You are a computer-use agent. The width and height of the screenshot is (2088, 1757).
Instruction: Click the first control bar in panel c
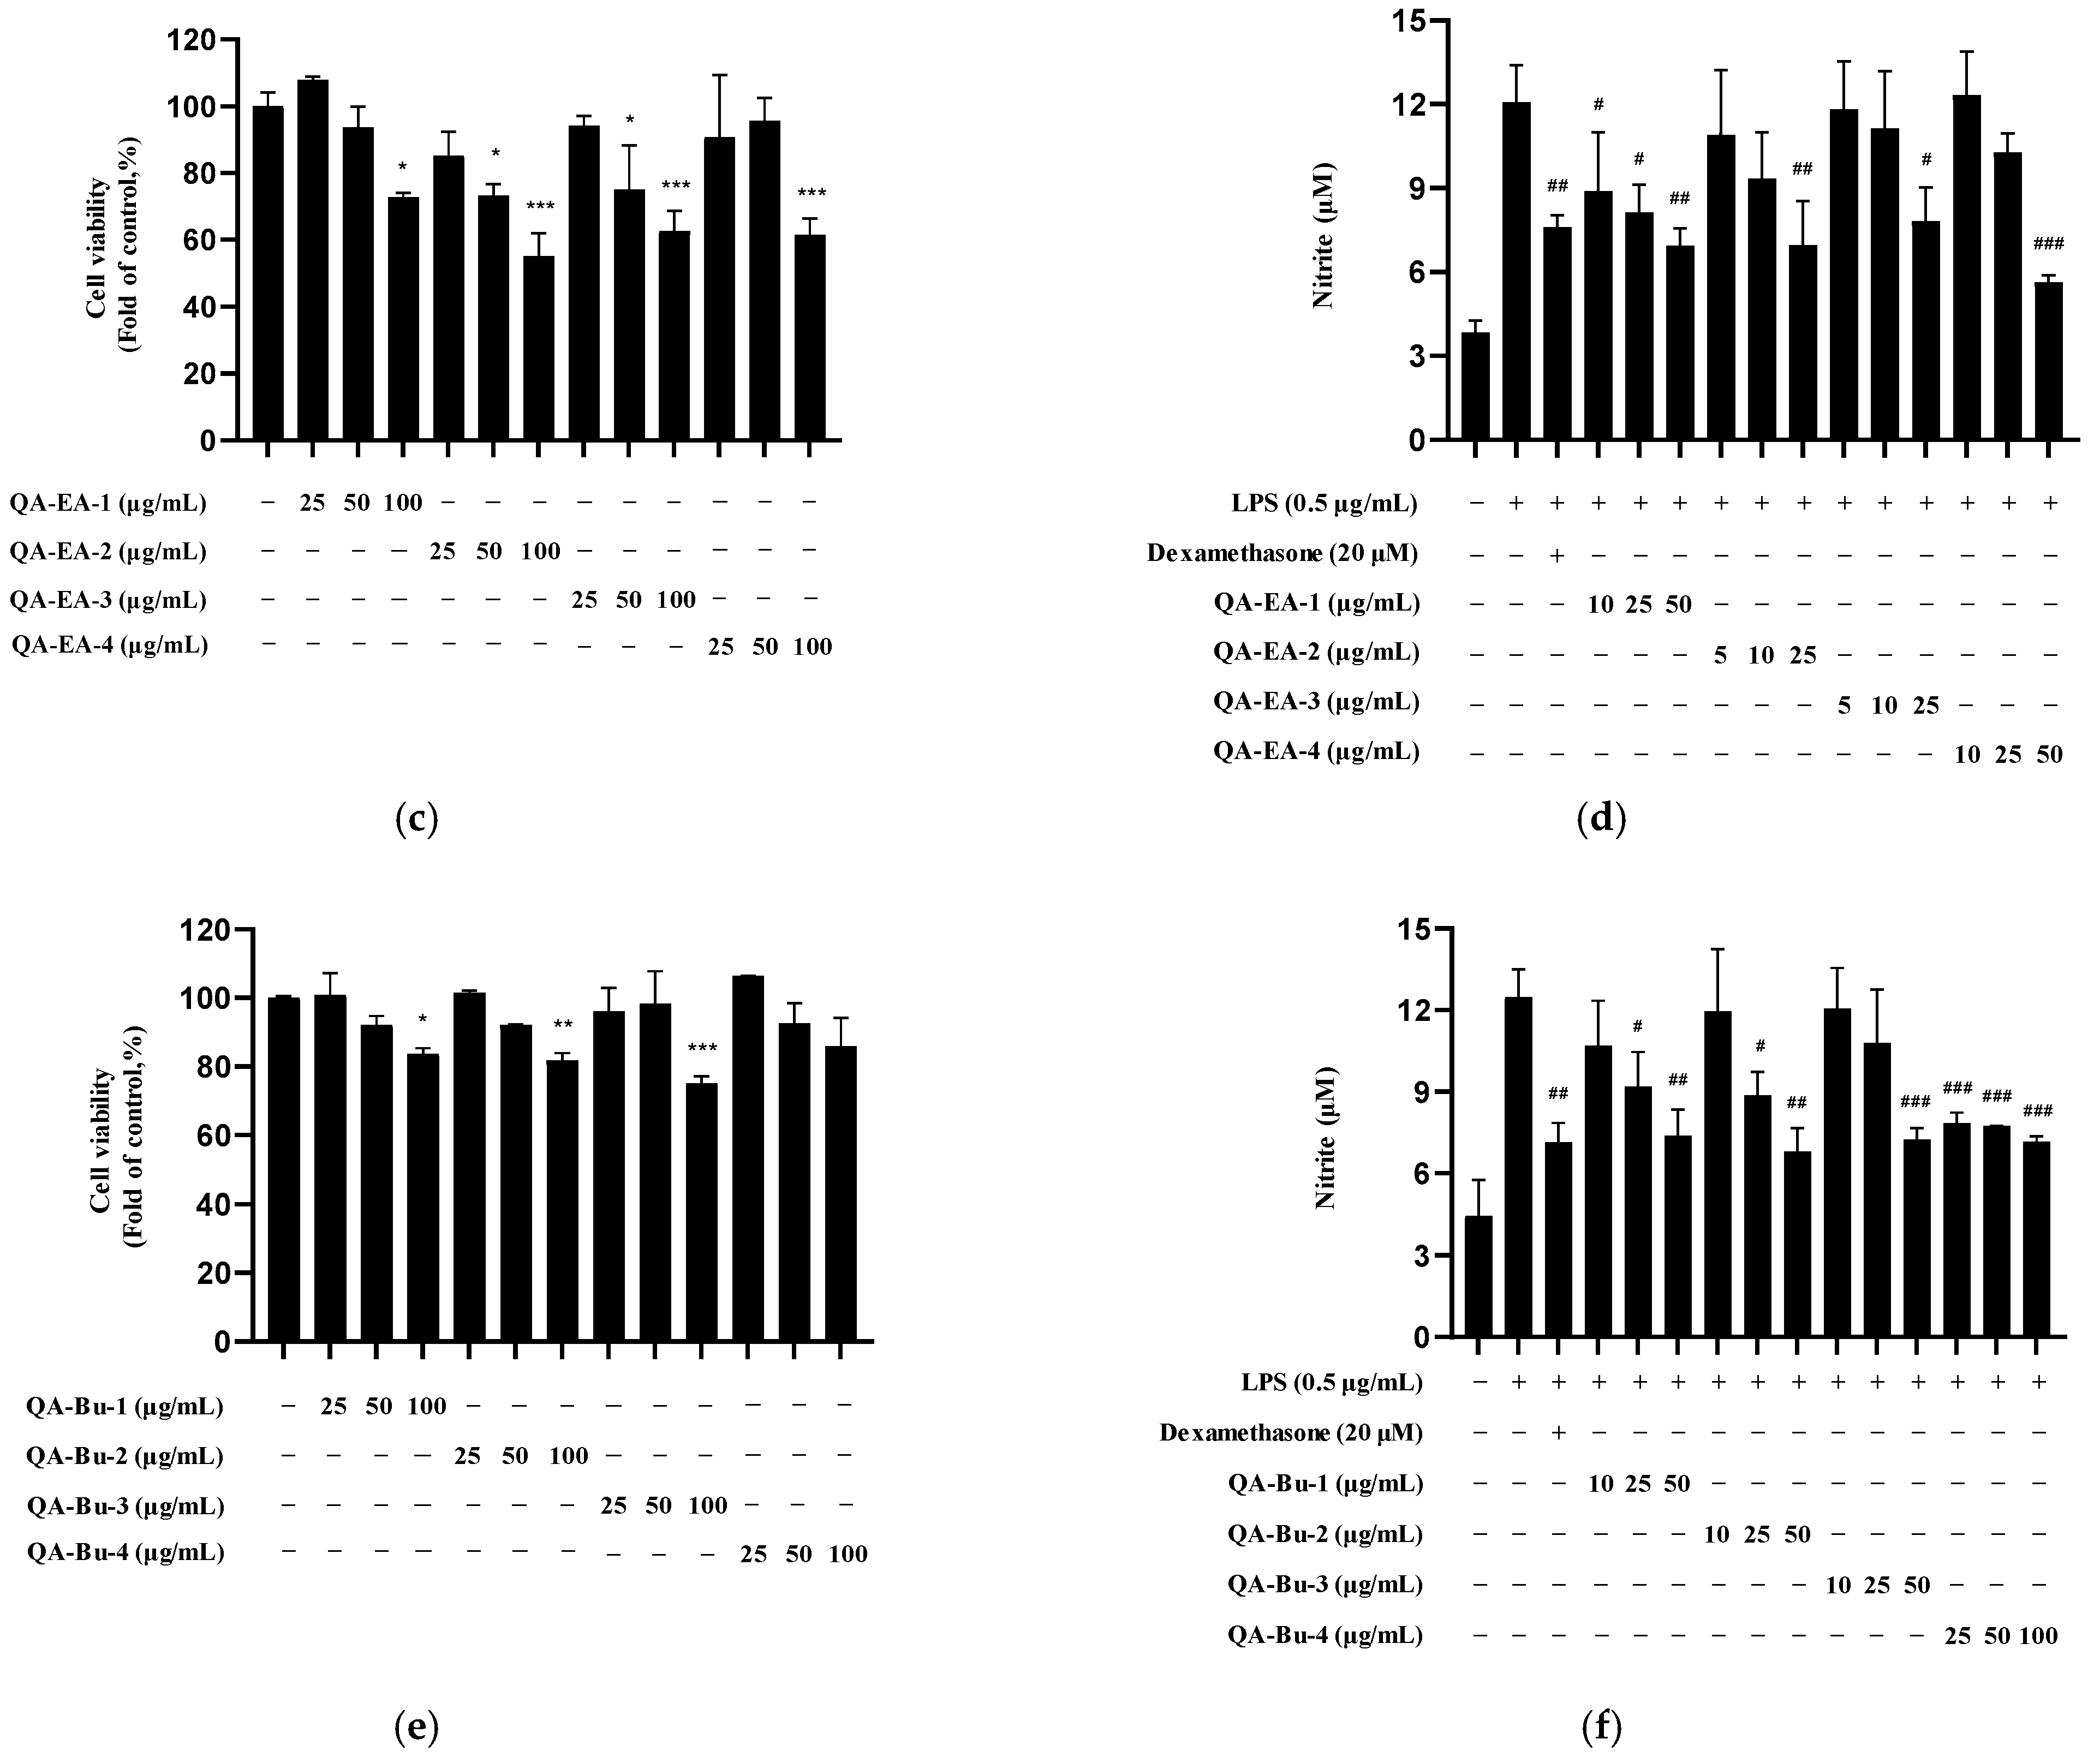click(268, 272)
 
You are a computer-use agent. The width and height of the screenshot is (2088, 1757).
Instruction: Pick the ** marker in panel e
click(563, 1025)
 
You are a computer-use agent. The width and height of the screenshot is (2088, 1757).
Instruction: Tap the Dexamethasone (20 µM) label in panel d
click(1282, 553)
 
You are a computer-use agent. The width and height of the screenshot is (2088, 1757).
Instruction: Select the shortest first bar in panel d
click(1475, 385)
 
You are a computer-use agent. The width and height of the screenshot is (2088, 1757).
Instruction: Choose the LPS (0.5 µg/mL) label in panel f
click(1331, 1383)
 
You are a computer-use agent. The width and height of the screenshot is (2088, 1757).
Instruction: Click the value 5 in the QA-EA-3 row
click(1844, 705)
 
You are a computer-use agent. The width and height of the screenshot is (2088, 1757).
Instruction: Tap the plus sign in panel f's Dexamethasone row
click(1558, 1432)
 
